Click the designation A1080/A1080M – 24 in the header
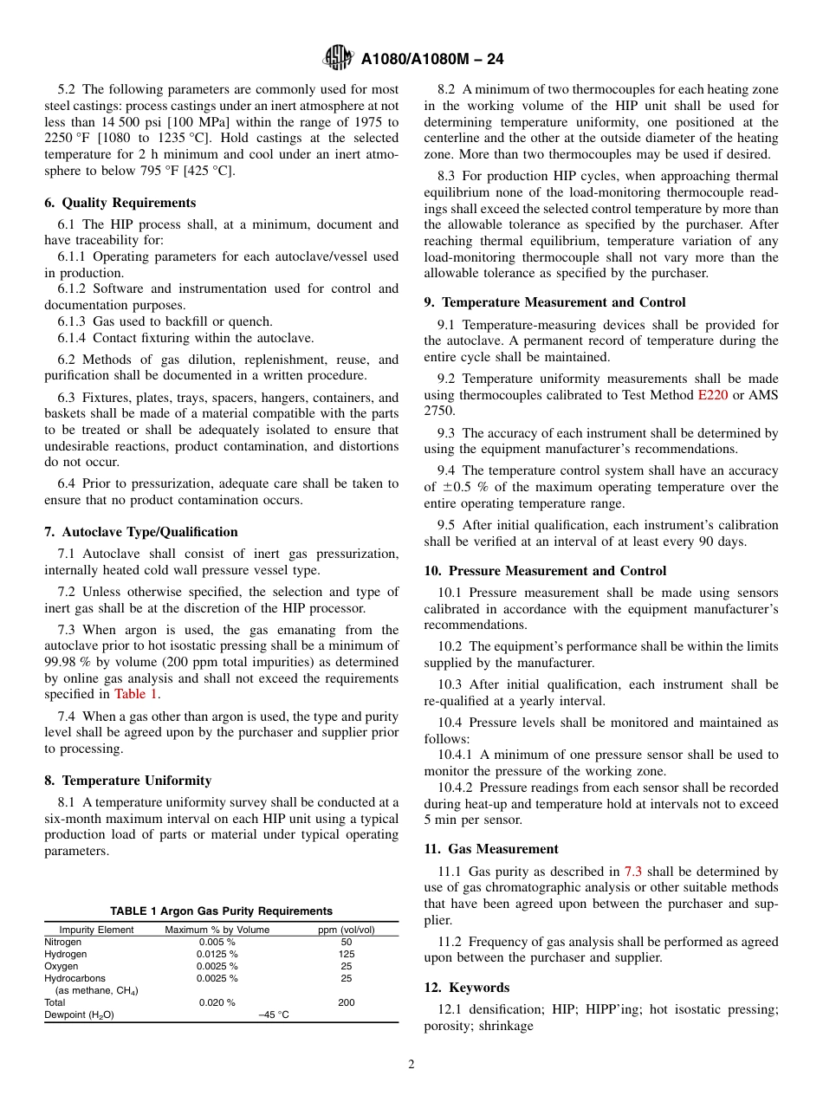pyautogui.click(x=431, y=59)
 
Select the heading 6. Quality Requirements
pyautogui.click(x=120, y=203)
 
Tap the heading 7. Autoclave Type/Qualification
pyautogui.click(x=141, y=532)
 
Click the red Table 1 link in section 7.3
pyautogui.click(x=136, y=694)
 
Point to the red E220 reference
pyautogui.click(x=713, y=394)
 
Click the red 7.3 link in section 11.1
pyautogui.click(x=632, y=872)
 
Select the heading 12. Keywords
pyautogui.click(x=467, y=988)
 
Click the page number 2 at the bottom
pyautogui.click(x=411, y=1065)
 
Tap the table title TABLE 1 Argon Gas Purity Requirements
pyautogui.click(x=221, y=911)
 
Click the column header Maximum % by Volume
pyautogui.click(x=217, y=930)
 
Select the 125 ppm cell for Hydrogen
pyautogui.click(x=347, y=954)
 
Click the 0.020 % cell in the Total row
pyautogui.click(x=217, y=1002)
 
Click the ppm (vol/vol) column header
pyautogui.click(x=347, y=930)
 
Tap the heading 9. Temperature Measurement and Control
pyautogui.click(x=554, y=302)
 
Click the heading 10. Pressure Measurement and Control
pyautogui.click(x=545, y=571)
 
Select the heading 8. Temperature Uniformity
pyautogui.click(x=128, y=781)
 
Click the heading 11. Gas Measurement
pyautogui.click(x=491, y=849)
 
